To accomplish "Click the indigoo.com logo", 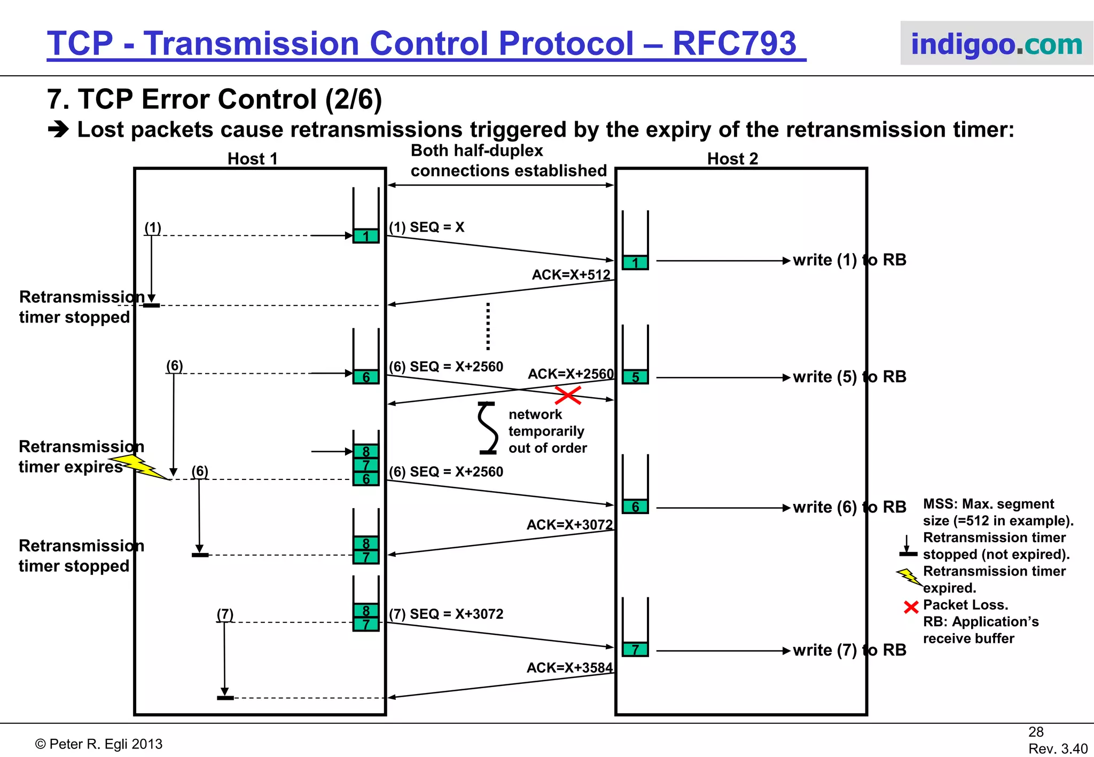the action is (x=996, y=44).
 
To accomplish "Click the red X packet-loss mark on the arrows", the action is (x=568, y=396).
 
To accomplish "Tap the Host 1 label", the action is (x=252, y=159).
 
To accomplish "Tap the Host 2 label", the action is (x=732, y=159).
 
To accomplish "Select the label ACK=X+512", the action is (x=571, y=274).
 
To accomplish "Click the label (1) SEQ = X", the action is (x=426, y=227).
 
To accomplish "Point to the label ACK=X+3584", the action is (x=569, y=667).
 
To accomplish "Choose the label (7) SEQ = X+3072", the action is (x=446, y=614).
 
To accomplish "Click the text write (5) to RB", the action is (x=849, y=377).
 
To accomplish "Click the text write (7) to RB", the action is (x=849, y=650).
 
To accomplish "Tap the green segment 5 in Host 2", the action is (x=635, y=377).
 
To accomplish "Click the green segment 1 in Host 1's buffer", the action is (x=366, y=236).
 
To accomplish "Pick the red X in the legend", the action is (x=911, y=607).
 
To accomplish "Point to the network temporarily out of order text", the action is (x=547, y=431).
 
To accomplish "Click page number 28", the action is (x=1036, y=731).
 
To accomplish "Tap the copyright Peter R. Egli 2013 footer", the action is (x=99, y=744).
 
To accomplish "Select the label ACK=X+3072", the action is (x=569, y=524).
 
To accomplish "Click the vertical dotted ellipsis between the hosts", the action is (x=488, y=326).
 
